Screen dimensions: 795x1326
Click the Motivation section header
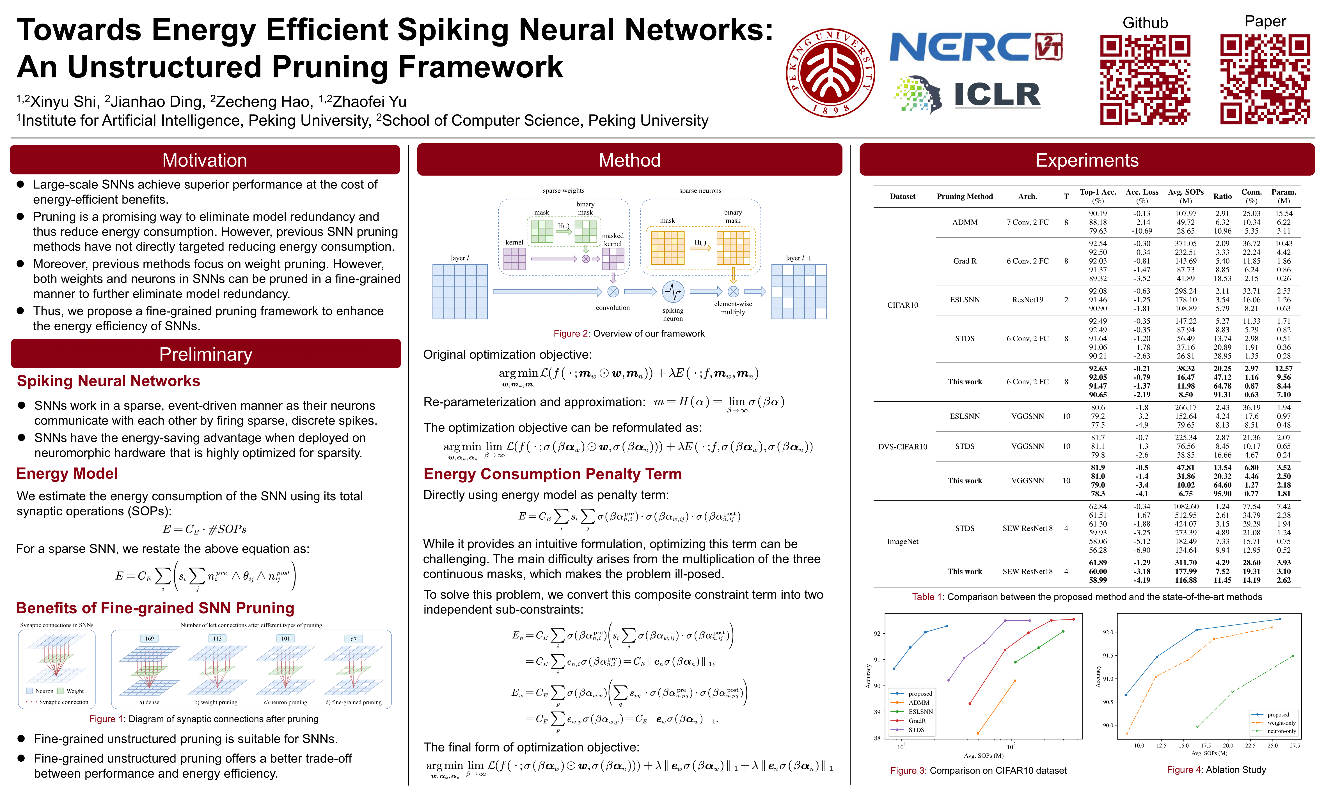click(205, 160)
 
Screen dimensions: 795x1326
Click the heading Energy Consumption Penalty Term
click(552, 474)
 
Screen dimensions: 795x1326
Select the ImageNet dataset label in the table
click(903, 541)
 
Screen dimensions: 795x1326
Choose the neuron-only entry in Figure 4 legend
click(1281, 731)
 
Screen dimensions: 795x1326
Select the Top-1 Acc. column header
click(1098, 196)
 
